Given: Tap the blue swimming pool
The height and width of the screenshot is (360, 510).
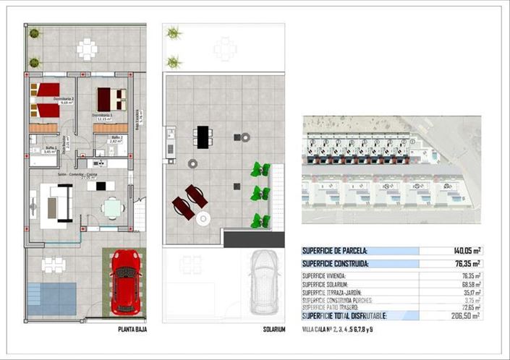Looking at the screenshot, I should point(52,298).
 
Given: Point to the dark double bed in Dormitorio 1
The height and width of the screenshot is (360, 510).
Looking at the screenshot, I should point(111,98).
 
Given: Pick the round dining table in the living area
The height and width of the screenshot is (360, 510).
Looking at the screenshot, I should point(112,209).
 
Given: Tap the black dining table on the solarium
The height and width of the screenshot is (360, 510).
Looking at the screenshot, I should point(203,137).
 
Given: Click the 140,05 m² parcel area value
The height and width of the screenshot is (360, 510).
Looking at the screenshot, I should point(467,251).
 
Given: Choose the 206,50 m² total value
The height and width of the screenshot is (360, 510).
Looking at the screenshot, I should point(467,317).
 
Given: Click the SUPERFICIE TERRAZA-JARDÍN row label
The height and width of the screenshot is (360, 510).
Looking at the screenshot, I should point(338,292).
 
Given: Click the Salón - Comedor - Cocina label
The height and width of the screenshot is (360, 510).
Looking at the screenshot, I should point(77,174).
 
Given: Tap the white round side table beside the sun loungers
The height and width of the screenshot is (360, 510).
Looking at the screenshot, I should point(203,218).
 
